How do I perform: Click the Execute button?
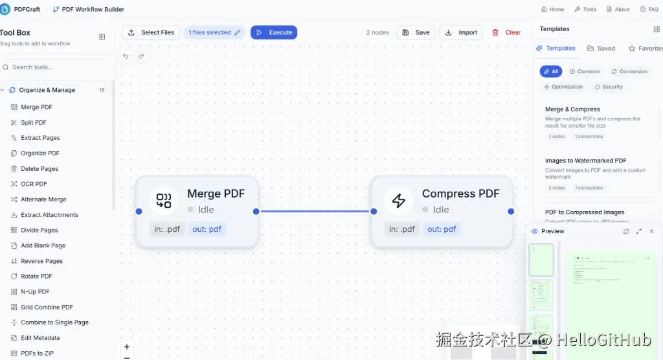coord(274,32)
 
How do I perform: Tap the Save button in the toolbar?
coord(415,32)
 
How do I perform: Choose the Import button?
coord(461,32)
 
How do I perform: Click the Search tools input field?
coord(58,67)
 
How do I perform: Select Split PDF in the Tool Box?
coord(33,122)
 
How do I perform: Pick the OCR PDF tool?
coord(34,184)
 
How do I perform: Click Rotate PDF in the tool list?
coord(36,276)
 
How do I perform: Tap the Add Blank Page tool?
coord(43,245)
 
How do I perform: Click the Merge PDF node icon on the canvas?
coord(164,201)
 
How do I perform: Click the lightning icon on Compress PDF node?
coord(399,201)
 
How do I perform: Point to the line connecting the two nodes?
coord(314,211)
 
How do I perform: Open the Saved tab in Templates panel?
coord(601,49)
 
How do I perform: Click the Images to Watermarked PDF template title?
coord(585,161)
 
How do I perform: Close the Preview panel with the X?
coord(651,231)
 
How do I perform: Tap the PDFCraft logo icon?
coord(5,9)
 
